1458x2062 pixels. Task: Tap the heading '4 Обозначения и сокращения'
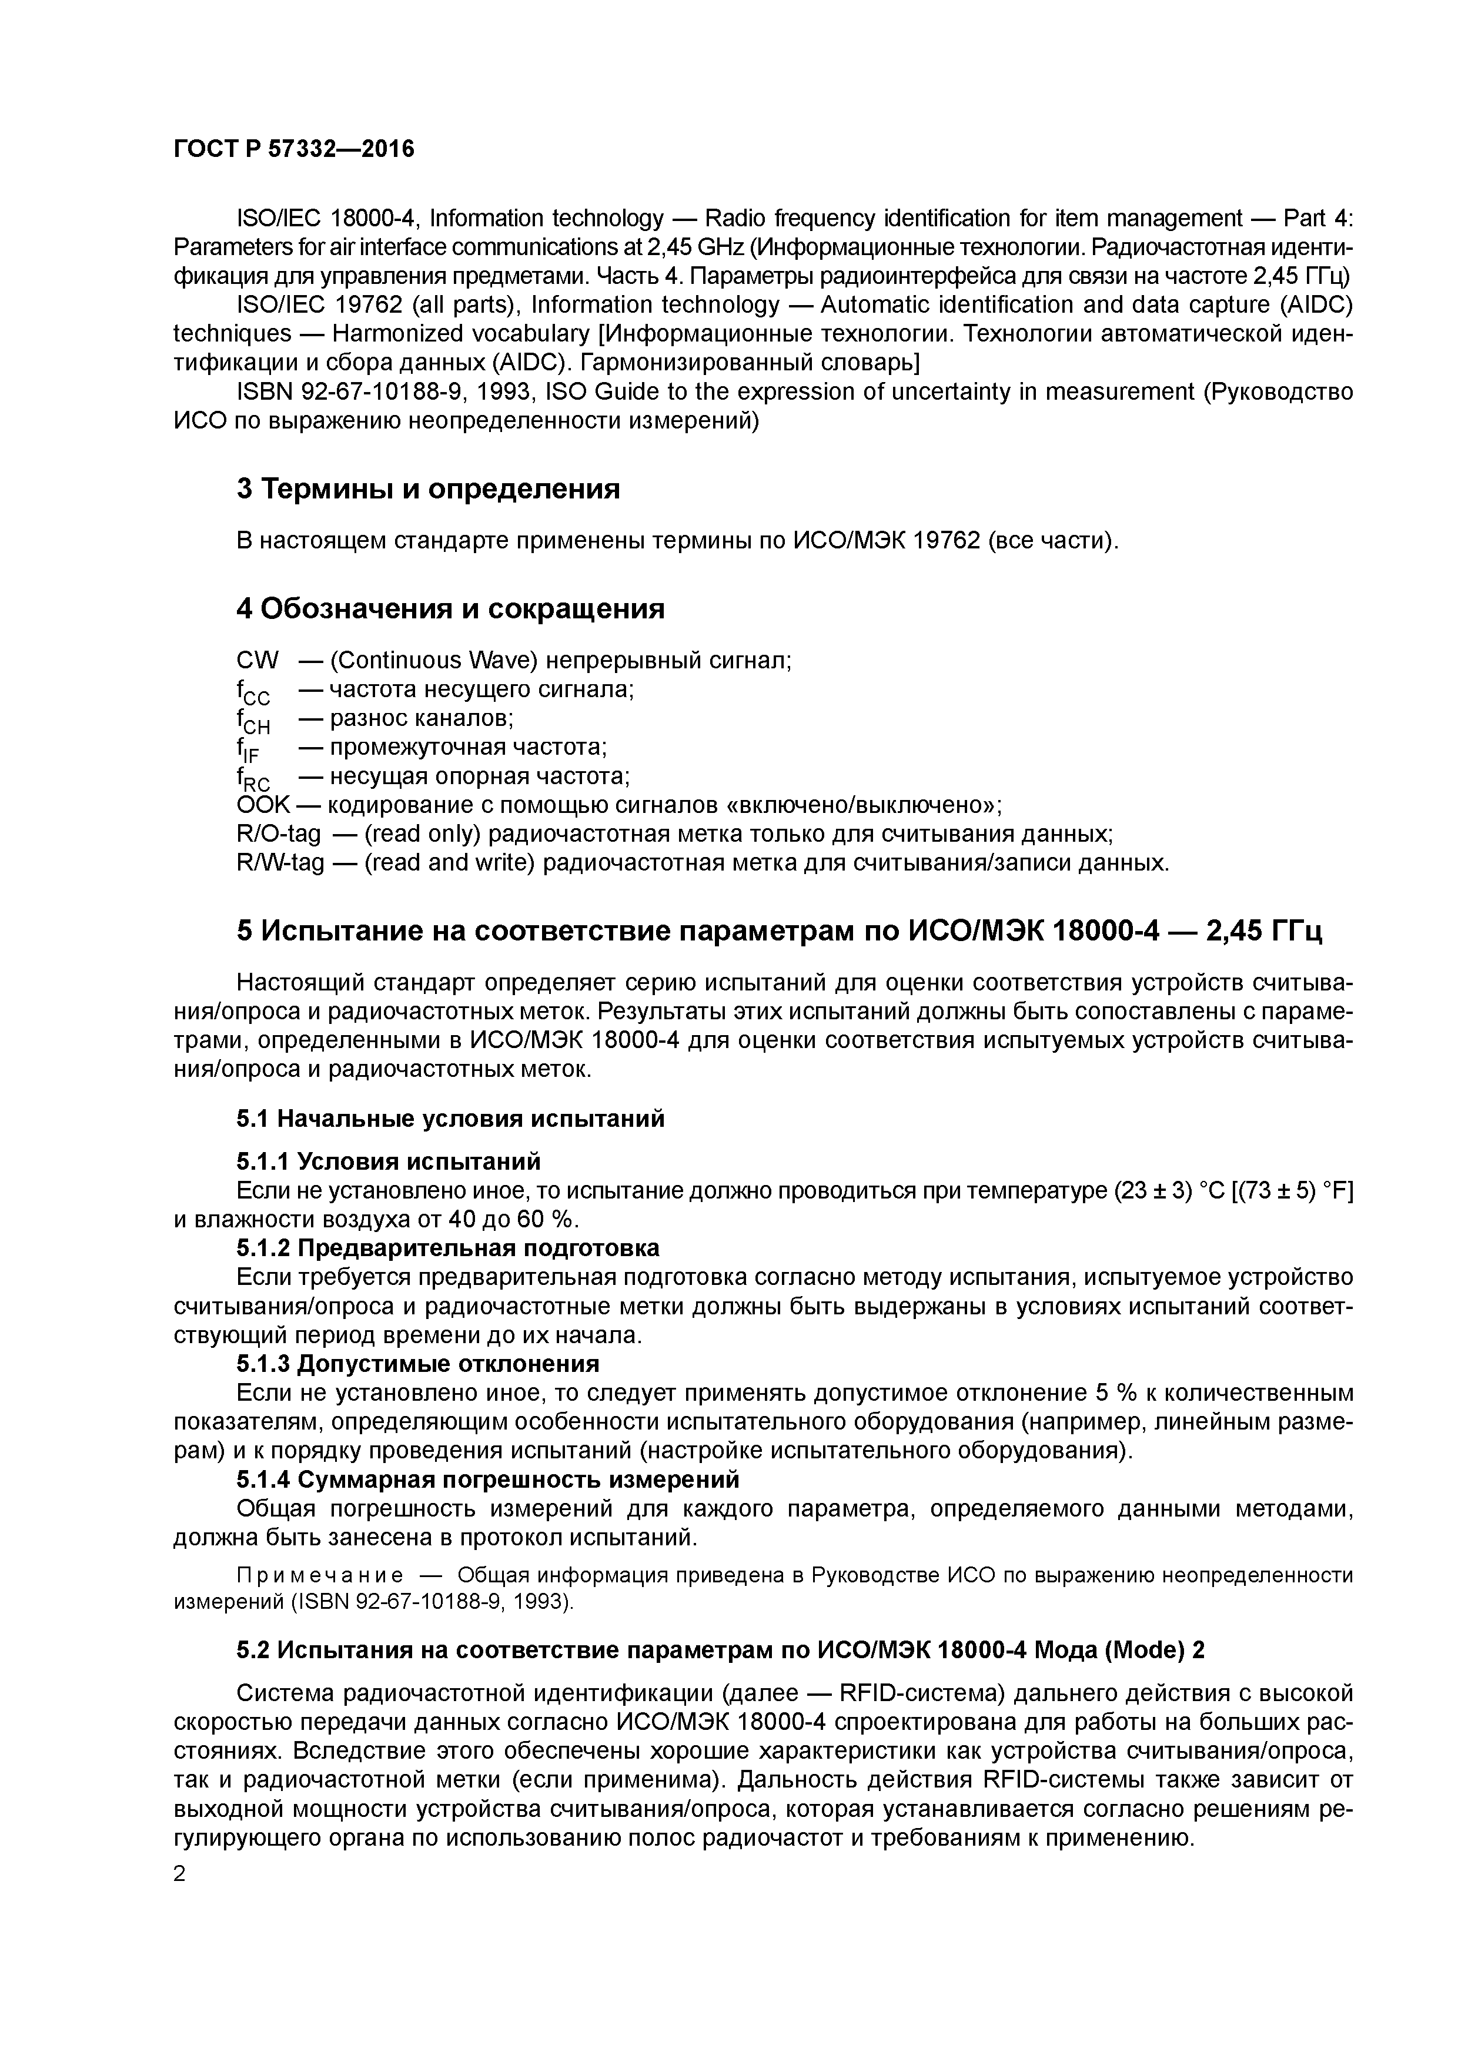pos(450,609)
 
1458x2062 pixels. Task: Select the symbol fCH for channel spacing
pos(252,720)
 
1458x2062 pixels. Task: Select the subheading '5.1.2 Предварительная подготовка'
pos(447,1247)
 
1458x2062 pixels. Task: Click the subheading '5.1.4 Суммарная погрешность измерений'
pos(488,1478)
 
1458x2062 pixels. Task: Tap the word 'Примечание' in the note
pos(319,1576)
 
